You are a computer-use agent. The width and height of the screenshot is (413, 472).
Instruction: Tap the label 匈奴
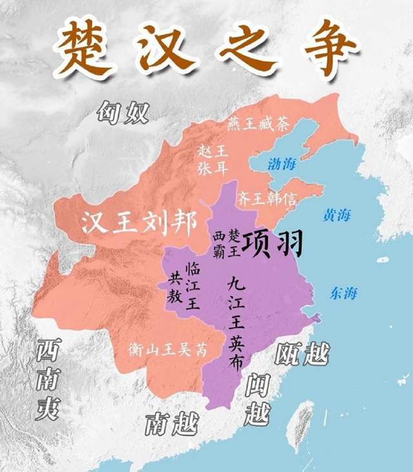pos(123,113)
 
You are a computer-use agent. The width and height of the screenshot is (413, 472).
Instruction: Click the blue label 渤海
pos(281,164)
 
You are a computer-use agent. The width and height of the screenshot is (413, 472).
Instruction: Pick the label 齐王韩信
pos(267,197)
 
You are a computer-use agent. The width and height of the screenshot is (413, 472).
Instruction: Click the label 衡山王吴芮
pos(166,351)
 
